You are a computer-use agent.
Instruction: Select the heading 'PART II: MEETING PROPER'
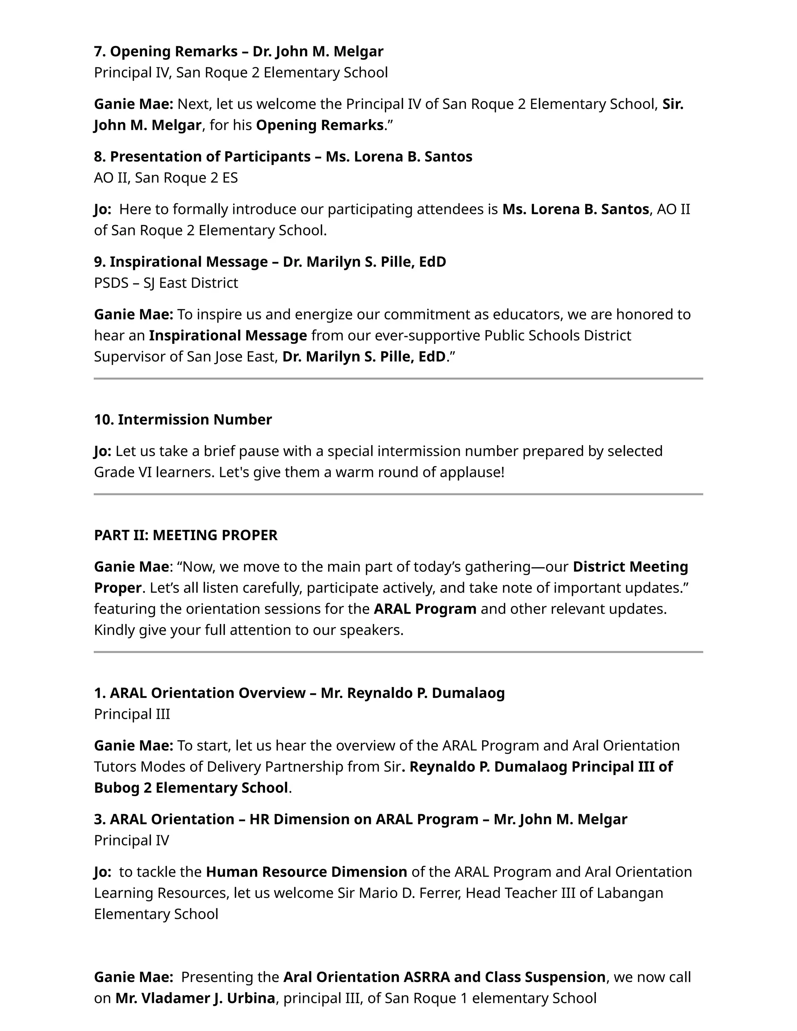point(186,535)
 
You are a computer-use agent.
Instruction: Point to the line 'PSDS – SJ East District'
point(166,283)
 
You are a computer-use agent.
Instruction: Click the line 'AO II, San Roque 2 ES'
point(166,177)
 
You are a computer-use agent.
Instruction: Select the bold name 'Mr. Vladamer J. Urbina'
point(195,998)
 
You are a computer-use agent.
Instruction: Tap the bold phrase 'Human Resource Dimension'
point(306,871)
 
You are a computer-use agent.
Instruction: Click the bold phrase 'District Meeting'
point(630,566)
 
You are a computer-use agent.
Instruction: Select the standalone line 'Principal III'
point(132,714)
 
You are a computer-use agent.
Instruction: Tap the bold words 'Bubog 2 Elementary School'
point(191,787)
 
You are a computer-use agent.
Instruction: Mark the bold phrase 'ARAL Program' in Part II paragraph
point(425,608)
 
